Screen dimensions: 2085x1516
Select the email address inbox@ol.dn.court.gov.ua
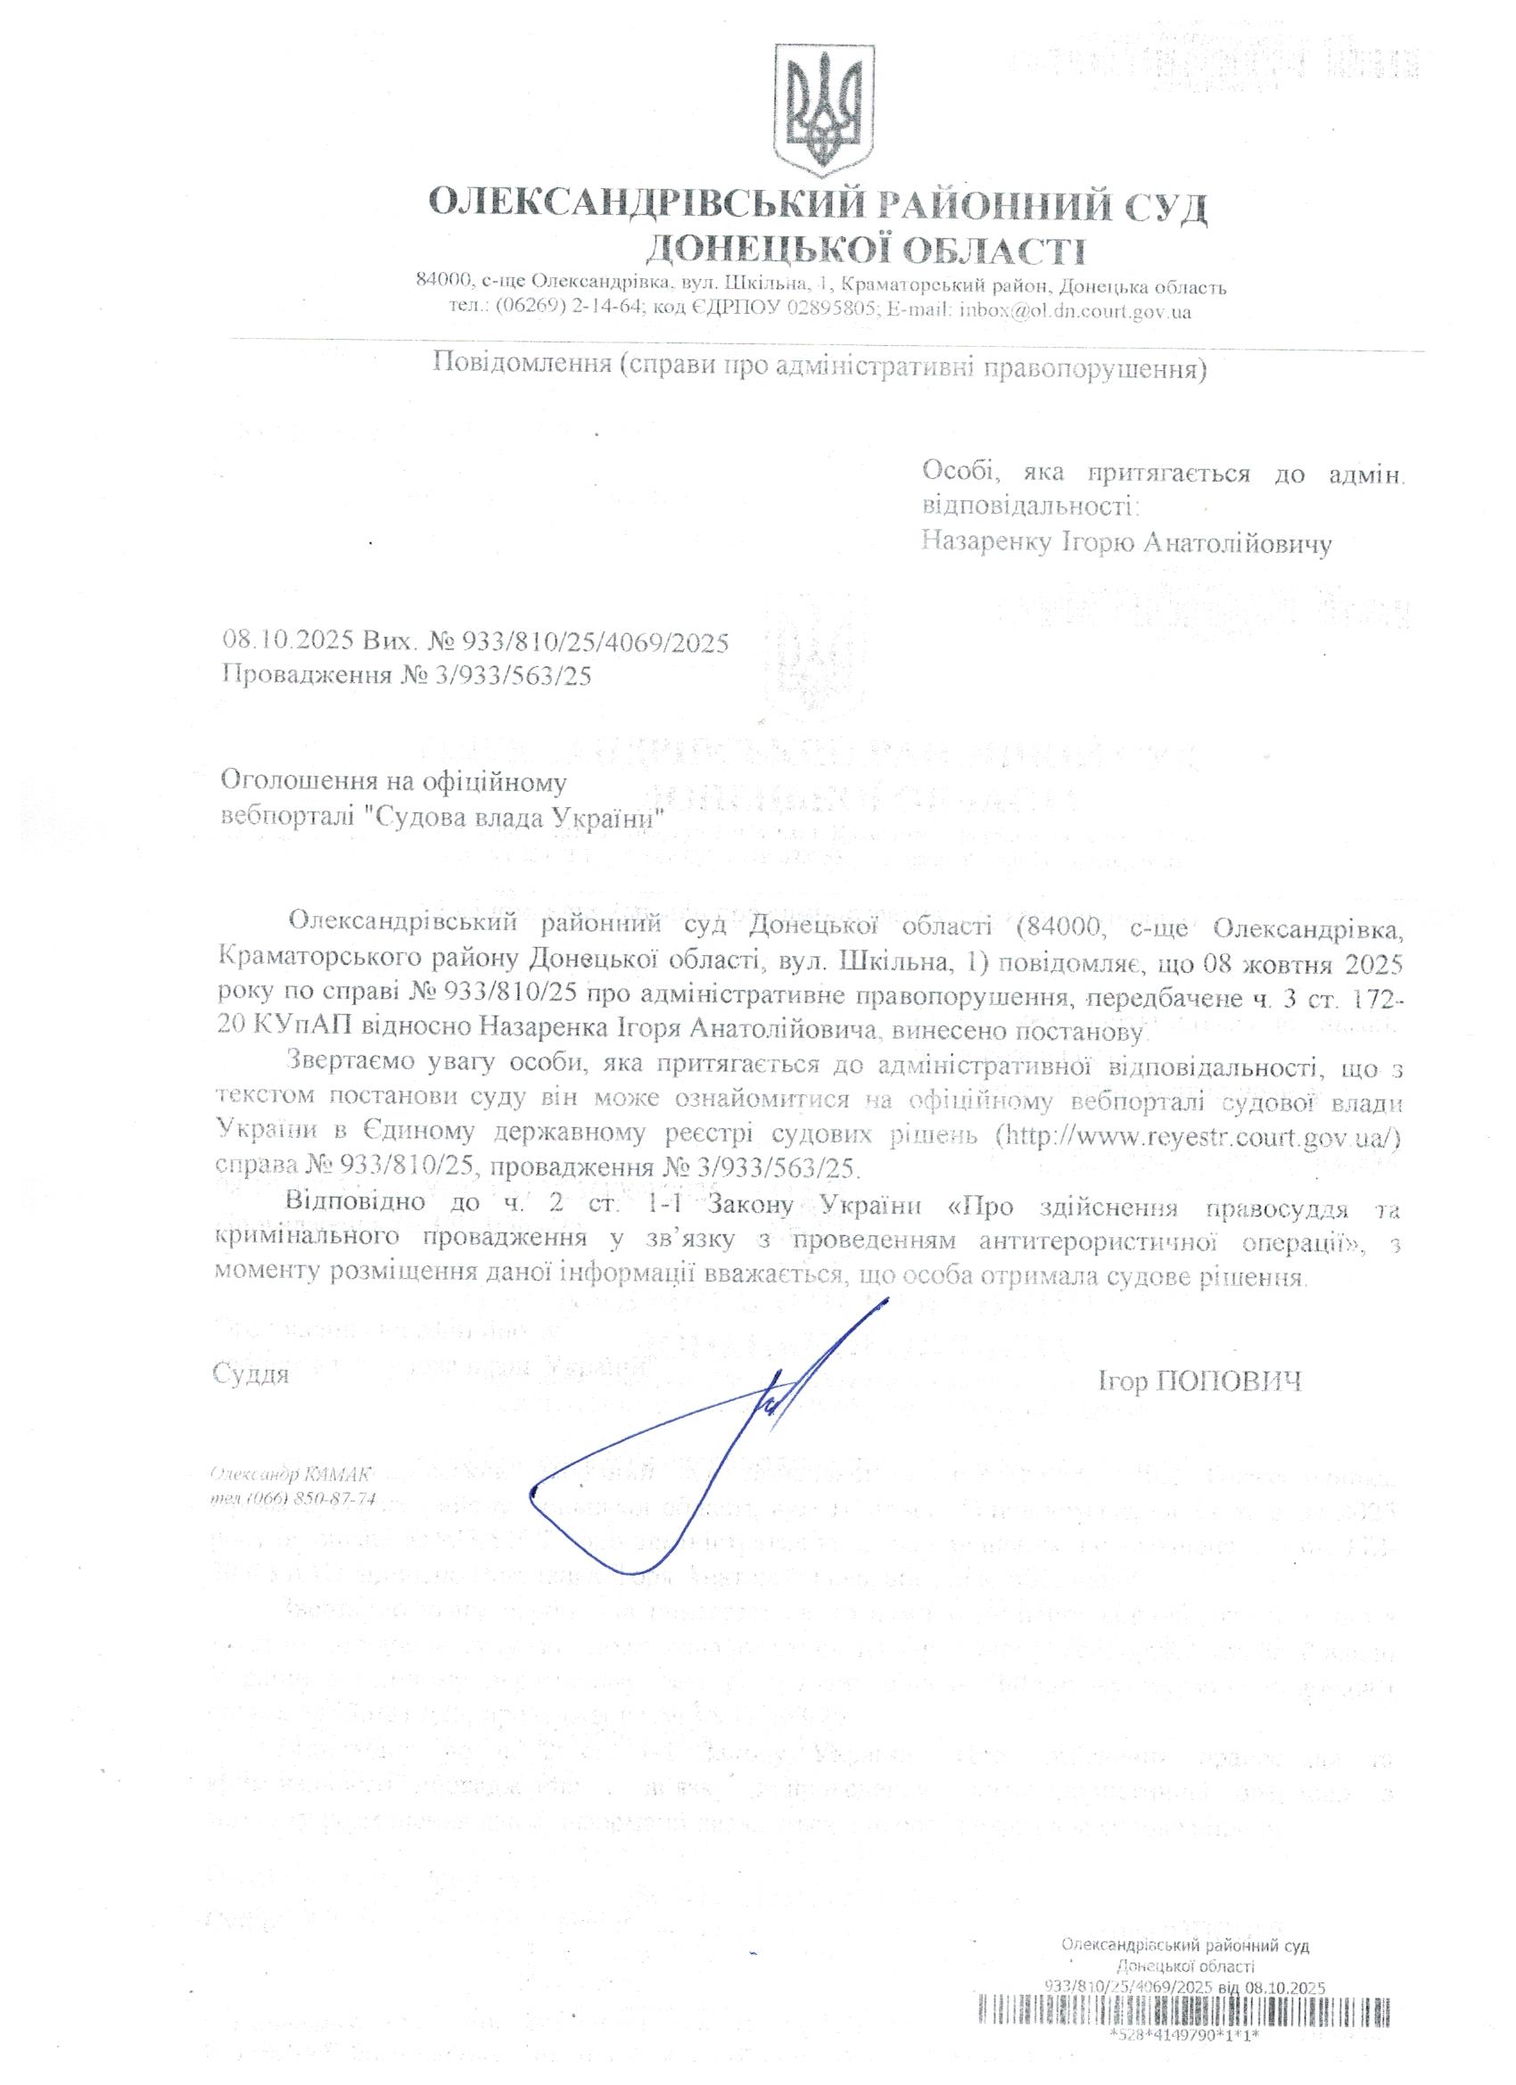pyautogui.click(x=1075, y=311)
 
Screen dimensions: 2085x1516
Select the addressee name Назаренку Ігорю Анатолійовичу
pyautogui.click(x=1127, y=544)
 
